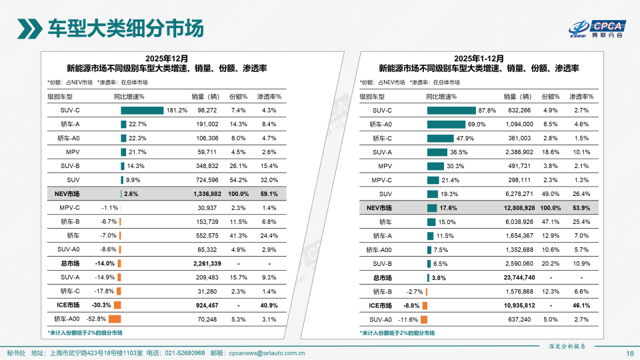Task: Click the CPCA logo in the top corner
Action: click(596, 27)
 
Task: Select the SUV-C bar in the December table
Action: click(142, 110)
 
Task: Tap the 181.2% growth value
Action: click(177, 110)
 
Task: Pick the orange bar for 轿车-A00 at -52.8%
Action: click(114, 319)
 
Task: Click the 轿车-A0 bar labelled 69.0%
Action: click(446, 124)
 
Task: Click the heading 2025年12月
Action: click(167, 58)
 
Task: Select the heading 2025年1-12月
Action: click(479, 58)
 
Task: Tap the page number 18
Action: click(629, 353)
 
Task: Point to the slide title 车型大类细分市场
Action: click(125, 28)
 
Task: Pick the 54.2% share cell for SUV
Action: click(238, 180)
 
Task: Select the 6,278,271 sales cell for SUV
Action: click(518, 194)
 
